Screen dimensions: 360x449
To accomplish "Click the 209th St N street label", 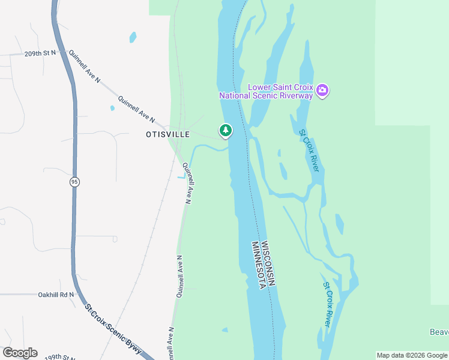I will click(40, 53).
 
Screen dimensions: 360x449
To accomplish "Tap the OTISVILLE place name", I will click(167, 134).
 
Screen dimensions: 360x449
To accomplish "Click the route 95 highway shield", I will click(74, 182).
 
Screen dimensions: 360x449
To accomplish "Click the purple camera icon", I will click(322, 91).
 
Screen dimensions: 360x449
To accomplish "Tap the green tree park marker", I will click(226, 130).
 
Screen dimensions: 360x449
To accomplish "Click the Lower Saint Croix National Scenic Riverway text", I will click(266, 91).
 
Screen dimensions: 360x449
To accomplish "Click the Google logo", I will click(20, 352).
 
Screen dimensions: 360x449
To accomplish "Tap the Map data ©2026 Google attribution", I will click(411, 355).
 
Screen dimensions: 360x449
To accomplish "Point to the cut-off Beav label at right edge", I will click(439, 332).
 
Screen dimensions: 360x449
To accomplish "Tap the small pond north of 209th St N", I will click(133, 37).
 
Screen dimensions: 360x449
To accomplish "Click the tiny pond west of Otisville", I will click(112, 109).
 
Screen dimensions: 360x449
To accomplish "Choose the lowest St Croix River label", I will click(328, 304).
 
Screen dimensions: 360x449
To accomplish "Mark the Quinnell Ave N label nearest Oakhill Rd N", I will click(179, 277).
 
